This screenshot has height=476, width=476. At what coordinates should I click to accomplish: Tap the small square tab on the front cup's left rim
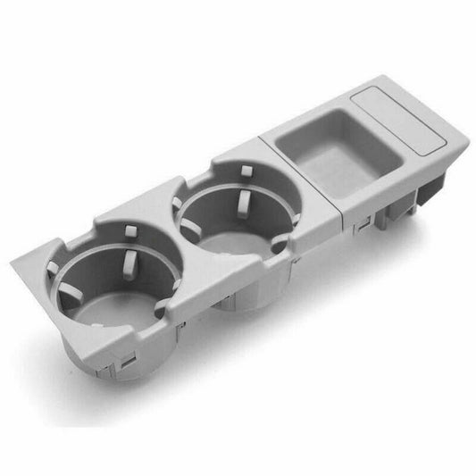53,267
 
